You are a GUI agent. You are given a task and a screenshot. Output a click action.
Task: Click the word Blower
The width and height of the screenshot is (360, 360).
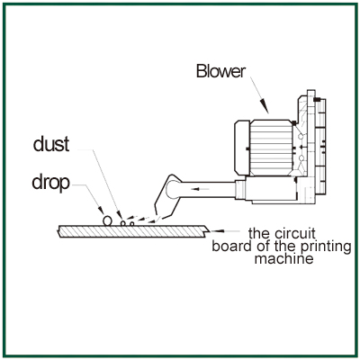click(x=220, y=72)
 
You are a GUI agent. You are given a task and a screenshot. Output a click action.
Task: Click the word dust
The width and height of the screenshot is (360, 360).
click(x=51, y=144)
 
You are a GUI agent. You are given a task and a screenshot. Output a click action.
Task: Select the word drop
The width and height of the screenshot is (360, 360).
click(x=50, y=183)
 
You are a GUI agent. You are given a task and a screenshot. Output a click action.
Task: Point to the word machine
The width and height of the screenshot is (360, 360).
click(x=283, y=258)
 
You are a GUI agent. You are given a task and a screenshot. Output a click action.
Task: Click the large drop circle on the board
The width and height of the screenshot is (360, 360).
click(x=107, y=220)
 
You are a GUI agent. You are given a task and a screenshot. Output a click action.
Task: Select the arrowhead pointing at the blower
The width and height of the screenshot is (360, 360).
click(x=265, y=107)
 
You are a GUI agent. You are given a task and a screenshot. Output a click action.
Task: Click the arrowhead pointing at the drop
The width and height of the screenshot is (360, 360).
click(x=101, y=211)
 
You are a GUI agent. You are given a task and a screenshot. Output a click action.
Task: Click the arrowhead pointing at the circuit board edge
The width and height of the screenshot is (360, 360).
click(x=218, y=231)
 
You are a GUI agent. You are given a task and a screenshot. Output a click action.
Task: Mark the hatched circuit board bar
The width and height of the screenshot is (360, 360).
click(x=133, y=231)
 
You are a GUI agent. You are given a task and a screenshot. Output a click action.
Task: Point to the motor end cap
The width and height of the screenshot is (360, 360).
click(x=242, y=148)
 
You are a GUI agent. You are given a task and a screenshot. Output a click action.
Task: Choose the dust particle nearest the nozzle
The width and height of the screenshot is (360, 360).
click(x=131, y=224)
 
